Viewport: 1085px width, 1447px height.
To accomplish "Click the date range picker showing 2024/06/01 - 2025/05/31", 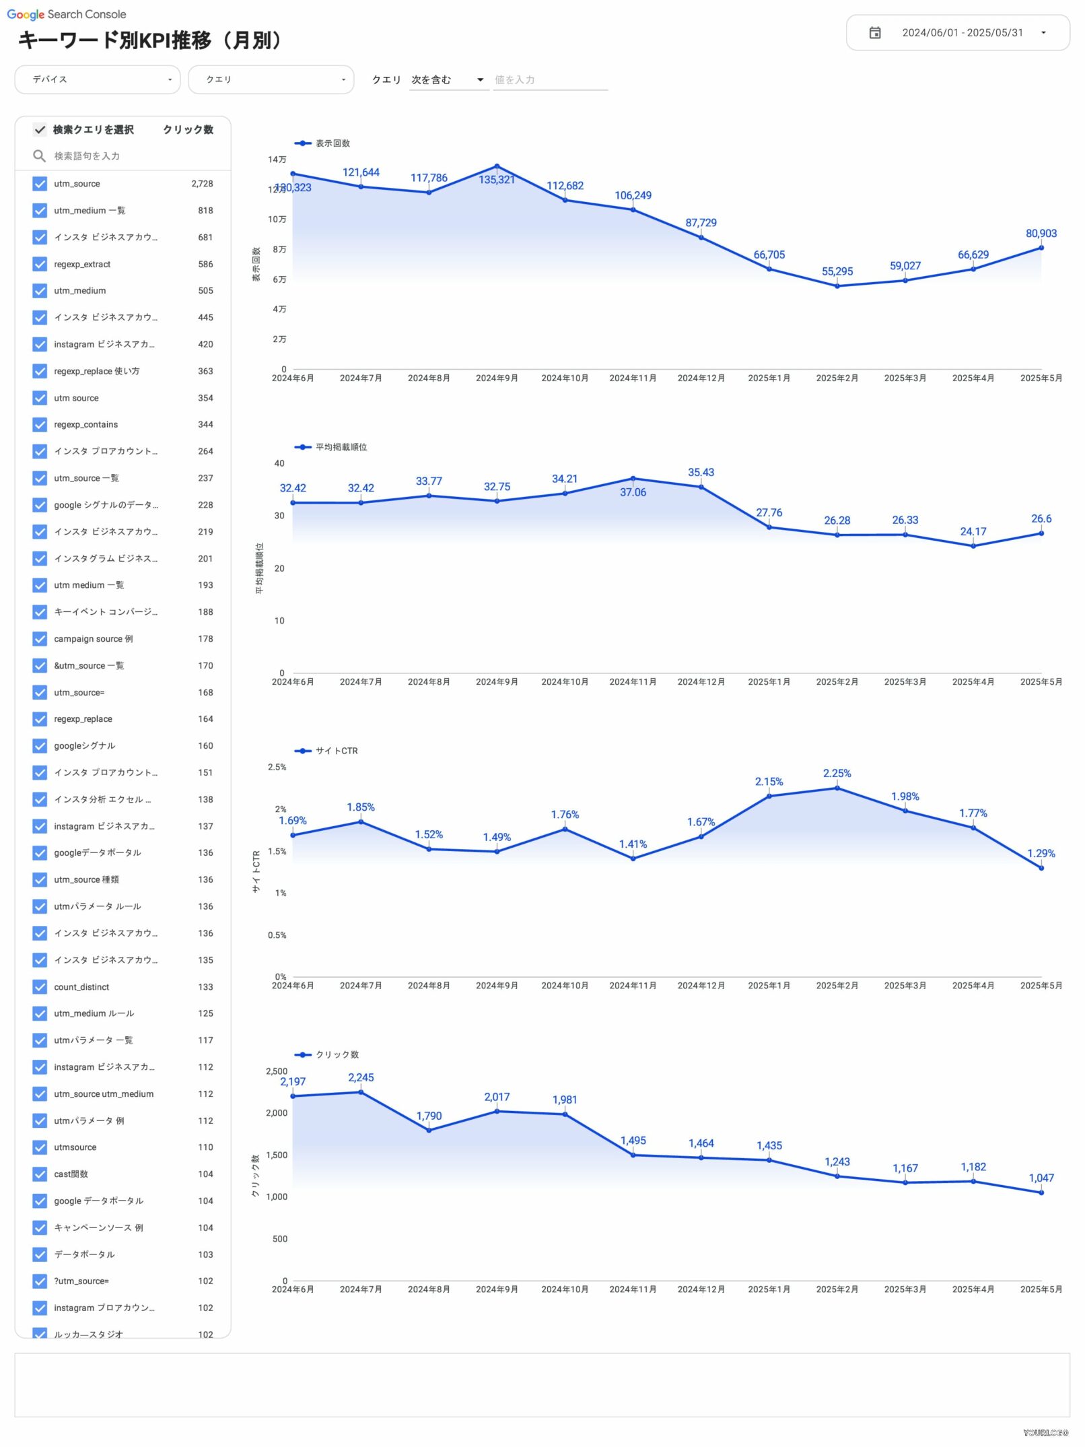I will [x=957, y=33].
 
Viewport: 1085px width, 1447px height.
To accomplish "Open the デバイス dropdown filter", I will [x=98, y=79].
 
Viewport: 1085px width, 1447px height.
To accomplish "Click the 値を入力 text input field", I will [x=550, y=80].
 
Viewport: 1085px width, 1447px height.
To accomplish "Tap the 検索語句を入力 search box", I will [x=128, y=156].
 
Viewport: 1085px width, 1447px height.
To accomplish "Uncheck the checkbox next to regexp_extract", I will [x=40, y=264].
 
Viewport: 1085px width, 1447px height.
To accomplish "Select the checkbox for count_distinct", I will [x=40, y=986].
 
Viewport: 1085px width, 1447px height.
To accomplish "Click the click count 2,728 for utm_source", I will [x=202, y=184].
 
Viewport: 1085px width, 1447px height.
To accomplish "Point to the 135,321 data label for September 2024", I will [x=497, y=180].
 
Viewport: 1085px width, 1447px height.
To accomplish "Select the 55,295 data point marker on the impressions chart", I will [x=837, y=286].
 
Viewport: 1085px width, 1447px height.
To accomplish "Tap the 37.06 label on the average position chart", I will [x=633, y=492].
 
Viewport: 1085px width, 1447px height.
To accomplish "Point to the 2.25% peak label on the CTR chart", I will [x=837, y=774].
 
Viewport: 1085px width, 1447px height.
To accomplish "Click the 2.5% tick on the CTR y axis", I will [x=277, y=767].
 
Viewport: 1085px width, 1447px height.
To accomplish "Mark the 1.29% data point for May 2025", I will [x=1041, y=868].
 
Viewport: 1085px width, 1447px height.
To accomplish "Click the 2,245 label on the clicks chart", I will [x=361, y=1077].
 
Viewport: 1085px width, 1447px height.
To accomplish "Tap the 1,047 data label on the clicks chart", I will [x=1041, y=1178].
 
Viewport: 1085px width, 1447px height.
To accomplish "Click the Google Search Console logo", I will [x=67, y=14].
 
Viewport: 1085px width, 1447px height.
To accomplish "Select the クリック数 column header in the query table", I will [x=188, y=129].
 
